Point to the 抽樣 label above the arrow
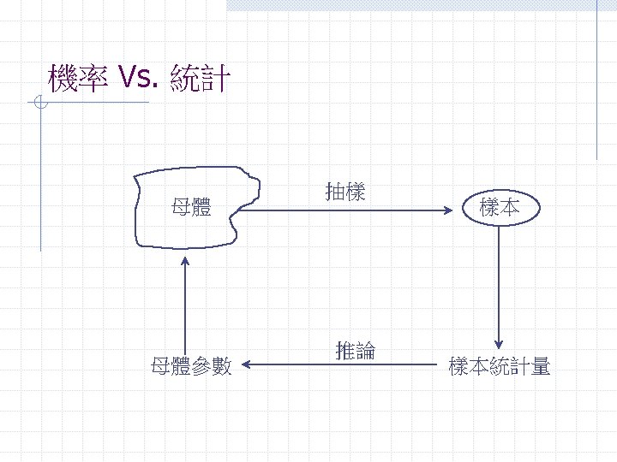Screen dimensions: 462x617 click(345, 192)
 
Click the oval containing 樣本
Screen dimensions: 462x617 click(500, 206)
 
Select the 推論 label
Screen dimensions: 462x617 click(355, 350)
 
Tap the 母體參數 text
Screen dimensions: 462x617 click(190, 367)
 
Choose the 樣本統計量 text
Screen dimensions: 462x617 click(500, 367)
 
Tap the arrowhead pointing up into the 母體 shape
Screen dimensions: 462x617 click(185, 260)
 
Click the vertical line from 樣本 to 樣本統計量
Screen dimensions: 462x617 click(500, 282)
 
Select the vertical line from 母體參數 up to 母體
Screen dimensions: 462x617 click(185, 308)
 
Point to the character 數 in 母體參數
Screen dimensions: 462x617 click(223, 367)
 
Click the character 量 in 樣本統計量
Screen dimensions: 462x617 click(541, 367)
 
